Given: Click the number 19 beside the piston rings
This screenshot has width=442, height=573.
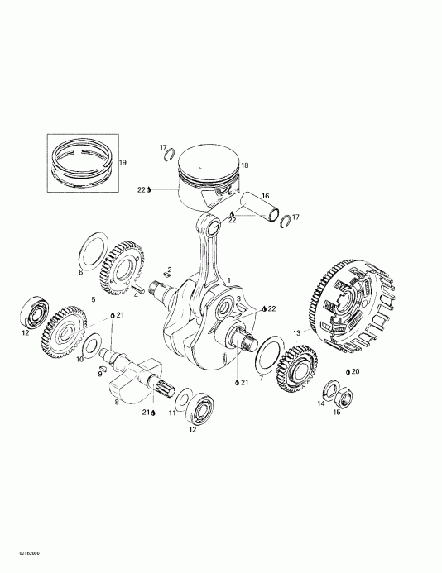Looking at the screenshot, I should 123,163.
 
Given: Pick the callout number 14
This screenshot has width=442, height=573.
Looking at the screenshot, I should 320,403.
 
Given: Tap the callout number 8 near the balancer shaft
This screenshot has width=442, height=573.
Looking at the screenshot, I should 117,403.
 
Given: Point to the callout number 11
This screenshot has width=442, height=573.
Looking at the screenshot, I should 172,412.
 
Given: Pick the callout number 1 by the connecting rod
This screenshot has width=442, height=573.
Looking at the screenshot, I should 229,280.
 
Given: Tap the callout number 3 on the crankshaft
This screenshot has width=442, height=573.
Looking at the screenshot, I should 238,299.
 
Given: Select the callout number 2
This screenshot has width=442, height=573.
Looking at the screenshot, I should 169,270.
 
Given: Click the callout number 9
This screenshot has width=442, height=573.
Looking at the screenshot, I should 99,374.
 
